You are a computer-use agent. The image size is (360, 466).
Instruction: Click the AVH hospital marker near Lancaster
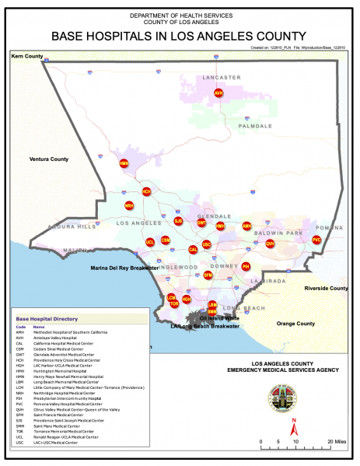point(218,93)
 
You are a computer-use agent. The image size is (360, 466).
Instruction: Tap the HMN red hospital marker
point(124,164)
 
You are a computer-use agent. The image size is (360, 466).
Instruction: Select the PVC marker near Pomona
point(316,240)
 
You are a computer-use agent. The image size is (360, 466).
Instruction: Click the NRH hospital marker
point(129,205)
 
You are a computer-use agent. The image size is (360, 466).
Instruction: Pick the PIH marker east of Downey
point(246,267)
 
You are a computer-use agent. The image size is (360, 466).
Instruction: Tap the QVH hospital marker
point(270,244)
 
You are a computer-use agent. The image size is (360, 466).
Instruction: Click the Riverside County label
point(327,289)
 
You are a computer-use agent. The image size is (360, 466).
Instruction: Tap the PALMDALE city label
point(255,125)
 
